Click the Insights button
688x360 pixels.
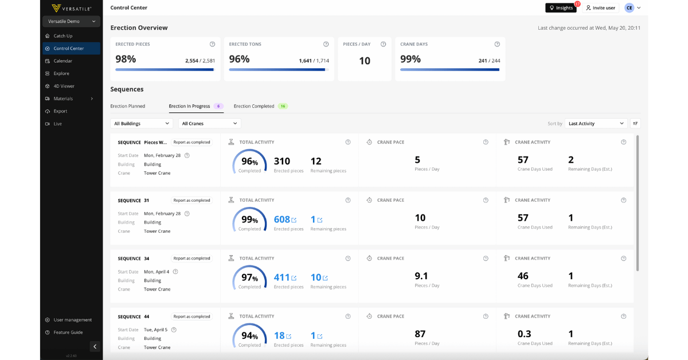561,7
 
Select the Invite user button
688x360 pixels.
600,7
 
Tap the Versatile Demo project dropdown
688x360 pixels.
71,21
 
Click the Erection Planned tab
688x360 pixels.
127,106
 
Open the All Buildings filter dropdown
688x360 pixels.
141,123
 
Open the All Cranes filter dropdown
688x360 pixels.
209,123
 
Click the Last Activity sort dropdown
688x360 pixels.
596,123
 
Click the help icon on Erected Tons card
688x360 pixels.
326,44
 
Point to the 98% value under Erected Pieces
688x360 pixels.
126,59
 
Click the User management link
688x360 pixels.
72,320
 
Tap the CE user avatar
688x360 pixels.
630,8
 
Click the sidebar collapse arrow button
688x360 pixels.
95,346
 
